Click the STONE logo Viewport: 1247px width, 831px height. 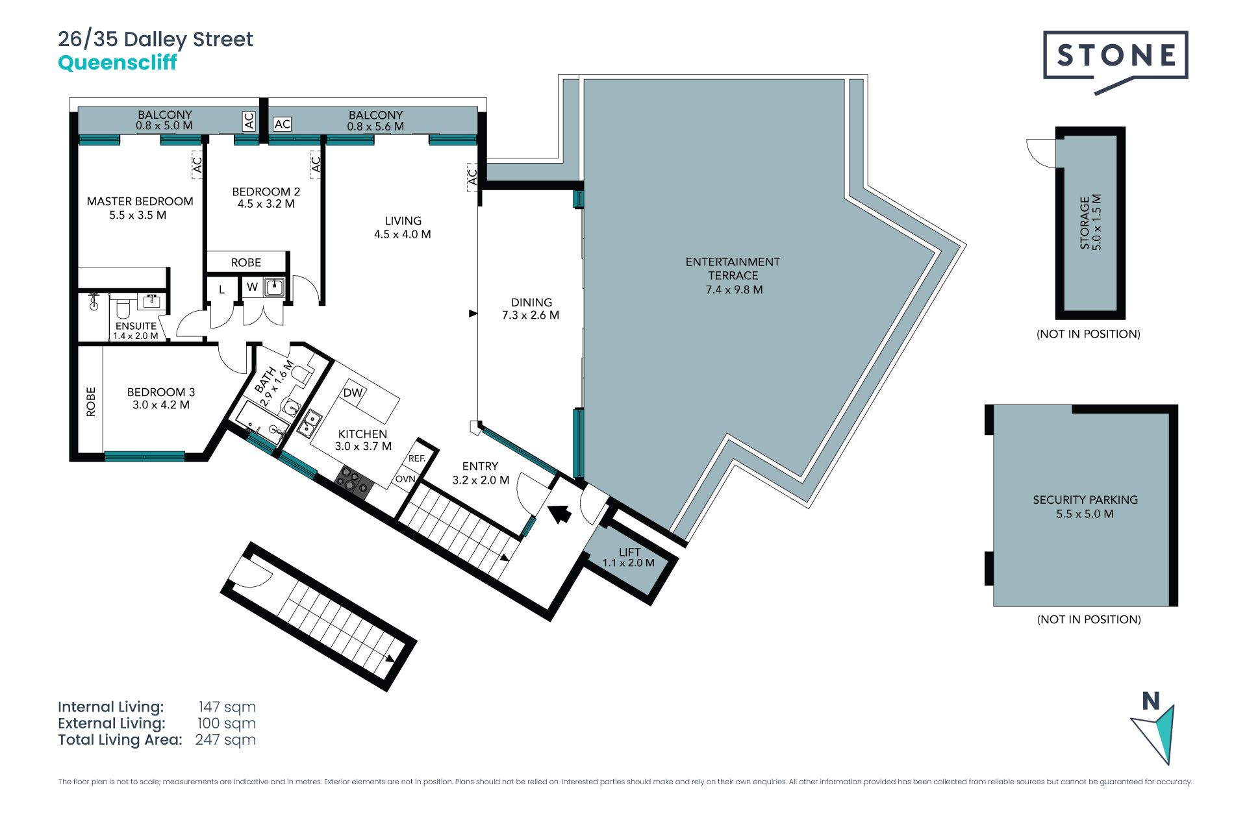click(x=1115, y=58)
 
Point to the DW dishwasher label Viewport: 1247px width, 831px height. click(x=353, y=393)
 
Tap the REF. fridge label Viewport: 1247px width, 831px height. click(x=417, y=458)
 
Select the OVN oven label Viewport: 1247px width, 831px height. click(x=405, y=479)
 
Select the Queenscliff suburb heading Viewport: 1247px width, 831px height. click(x=118, y=63)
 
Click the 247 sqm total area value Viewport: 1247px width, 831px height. click(x=225, y=740)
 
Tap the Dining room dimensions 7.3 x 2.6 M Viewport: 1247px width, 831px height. click(x=531, y=316)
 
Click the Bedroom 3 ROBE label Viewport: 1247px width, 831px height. click(x=91, y=402)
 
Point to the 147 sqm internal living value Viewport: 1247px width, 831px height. click(x=227, y=707)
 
